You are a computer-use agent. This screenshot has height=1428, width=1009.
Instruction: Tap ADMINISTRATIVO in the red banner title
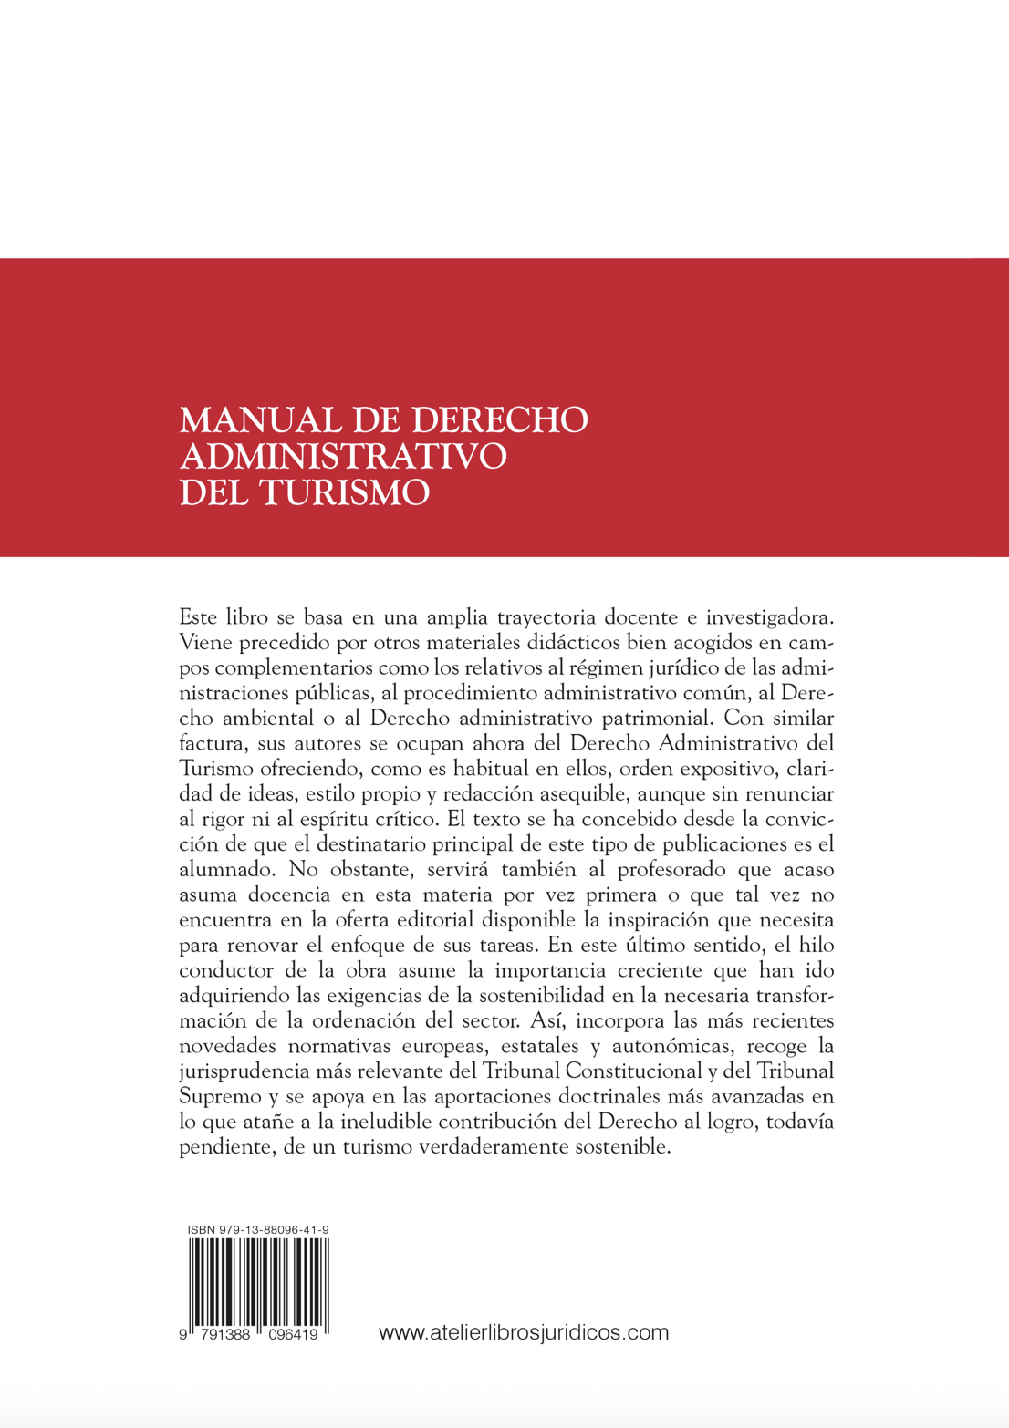342,456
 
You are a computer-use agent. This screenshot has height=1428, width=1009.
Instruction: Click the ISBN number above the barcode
258,1229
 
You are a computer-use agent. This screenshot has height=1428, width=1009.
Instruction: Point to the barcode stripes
258,1281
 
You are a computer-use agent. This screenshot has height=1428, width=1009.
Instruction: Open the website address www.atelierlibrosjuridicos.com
523,1332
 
